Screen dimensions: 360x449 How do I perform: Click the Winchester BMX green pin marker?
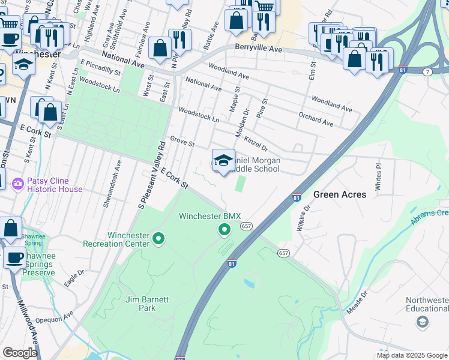[224, 230]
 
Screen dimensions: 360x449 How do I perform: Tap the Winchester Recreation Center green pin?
[158, 239]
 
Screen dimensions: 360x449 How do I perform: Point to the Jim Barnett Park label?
[140, 304]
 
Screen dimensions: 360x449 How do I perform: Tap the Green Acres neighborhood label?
[340, 194]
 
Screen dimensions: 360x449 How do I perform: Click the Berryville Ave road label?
[259, 48]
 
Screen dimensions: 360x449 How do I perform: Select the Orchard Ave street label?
[316, 118]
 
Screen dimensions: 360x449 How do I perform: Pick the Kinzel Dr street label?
[256, 143]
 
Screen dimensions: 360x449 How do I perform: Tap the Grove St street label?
[182, 142]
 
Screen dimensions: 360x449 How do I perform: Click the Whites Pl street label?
[378, 175]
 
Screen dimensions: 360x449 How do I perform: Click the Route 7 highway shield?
[427, 72]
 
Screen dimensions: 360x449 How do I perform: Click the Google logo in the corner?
[20, 353]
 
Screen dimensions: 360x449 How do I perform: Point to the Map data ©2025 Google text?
[411, 355]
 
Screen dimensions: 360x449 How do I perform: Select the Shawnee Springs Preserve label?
[38, 264]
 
